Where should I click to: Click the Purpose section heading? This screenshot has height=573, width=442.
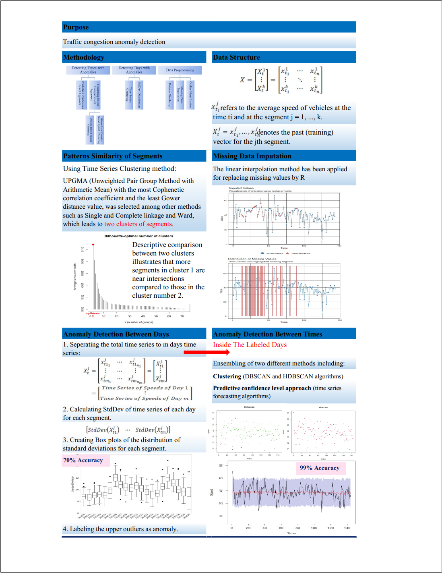pyautogui.click(x=76, y=27)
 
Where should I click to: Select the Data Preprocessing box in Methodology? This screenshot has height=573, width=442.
pyautogui.click(x=180, y=70)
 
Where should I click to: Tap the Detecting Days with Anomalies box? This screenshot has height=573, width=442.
pyautogui.click(x=134, y=70)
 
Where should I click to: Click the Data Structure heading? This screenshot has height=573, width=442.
pyautogui.click(x=236, y=57)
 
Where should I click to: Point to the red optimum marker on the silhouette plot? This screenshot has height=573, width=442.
pyautogui.click(x=93, y=245)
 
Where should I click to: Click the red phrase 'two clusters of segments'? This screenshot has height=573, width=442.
pyautogui.click(x=138, y=224)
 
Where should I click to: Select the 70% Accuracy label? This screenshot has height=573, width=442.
pyautogui.click(x=83, y=460)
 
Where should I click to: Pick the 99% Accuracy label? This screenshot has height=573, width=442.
pyautogui.click(x=320, y=468)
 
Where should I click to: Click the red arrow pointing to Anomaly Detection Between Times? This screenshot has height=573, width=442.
pyautogui.click(x=207, y=352)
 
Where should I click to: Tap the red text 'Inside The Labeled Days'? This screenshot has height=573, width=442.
pyautogui.click(x=250, y=345)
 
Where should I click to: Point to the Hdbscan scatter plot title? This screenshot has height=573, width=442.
pyautogui.click(x=249, y=407)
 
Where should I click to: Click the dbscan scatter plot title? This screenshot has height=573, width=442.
pyautogui.click(x=323, y=407)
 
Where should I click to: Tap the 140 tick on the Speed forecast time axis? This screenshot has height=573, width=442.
pyautogui.click(x=347, y=527)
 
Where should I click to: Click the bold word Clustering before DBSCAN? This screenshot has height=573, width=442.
pyautogui.click(x=227, y=376)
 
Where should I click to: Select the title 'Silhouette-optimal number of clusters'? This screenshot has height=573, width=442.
pyautogui.click(x=139, y=236)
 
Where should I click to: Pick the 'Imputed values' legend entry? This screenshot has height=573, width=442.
pyautogui.click(x=300, y=253)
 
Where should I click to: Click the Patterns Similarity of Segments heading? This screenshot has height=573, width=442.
pyautogui.click(x=113, y=156)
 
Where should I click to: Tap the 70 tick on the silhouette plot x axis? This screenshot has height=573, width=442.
pyautogui.click(x=182, y=316)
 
